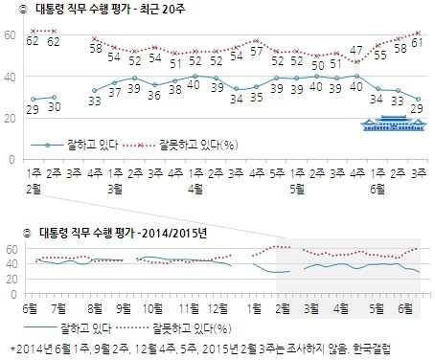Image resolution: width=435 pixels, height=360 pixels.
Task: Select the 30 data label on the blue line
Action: point(53,107)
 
